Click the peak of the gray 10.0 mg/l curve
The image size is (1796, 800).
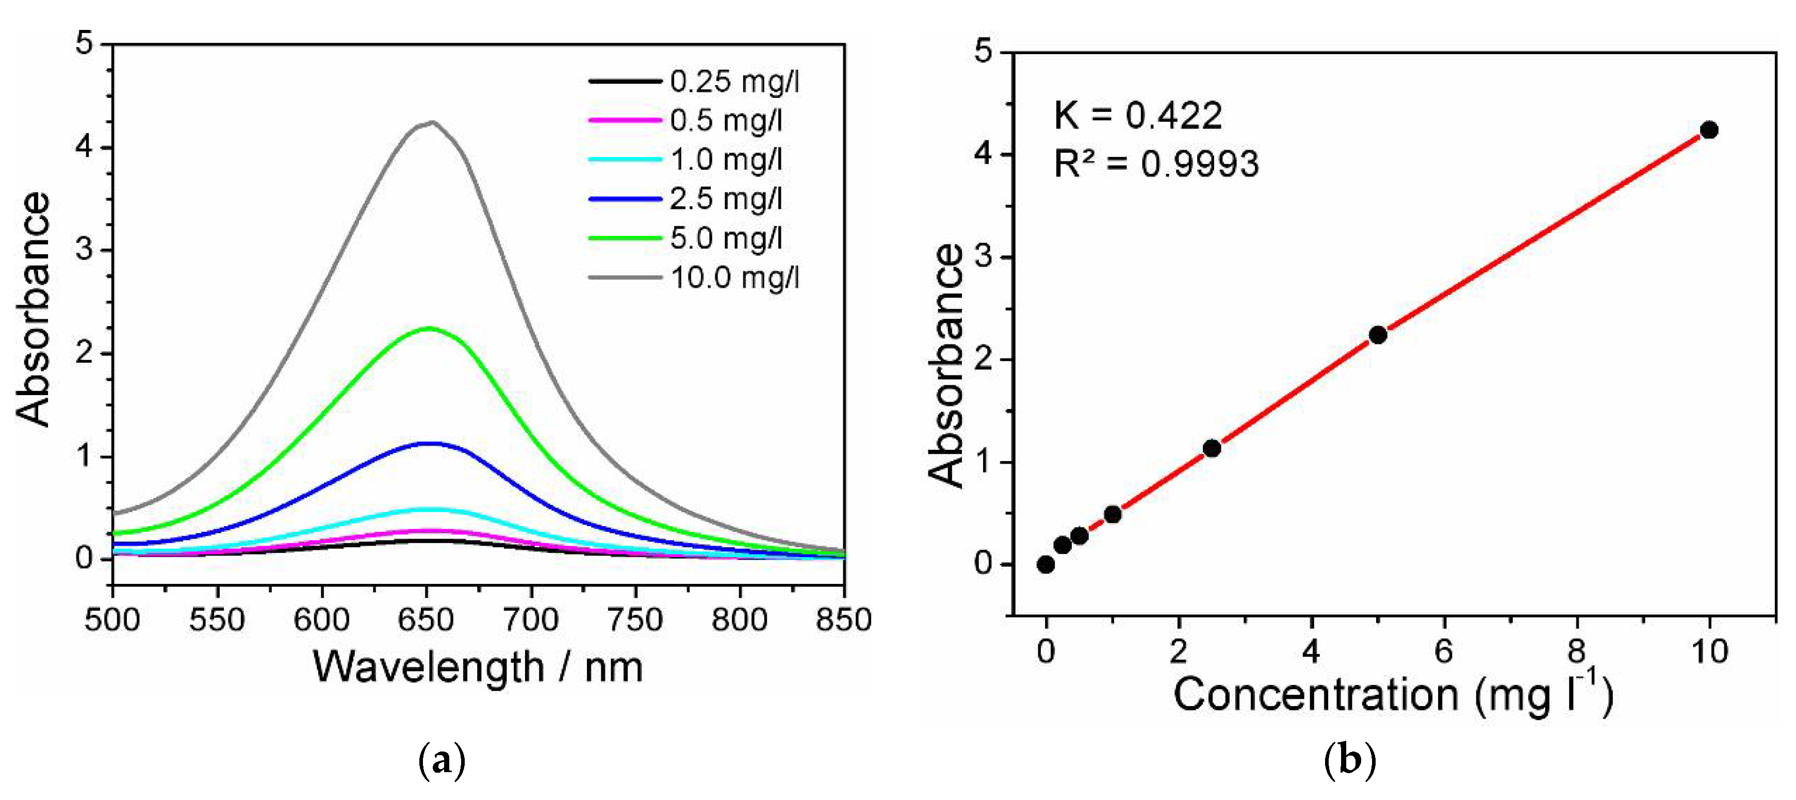tap(432, 123)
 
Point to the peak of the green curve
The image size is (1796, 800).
tap(428, 329)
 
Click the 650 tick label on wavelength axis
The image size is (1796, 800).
tap(426, 619)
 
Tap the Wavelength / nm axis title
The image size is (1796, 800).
tap(478, 667)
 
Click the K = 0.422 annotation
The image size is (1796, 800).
tap(1138, 115)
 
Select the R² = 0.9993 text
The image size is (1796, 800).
tap(1156, 164)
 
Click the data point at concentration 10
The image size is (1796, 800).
tap(1709, 130)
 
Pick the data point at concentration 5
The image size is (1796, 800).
tap(1378, 335)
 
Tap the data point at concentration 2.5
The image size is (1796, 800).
tap(1212, 448)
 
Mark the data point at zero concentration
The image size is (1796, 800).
tap(1046, 564)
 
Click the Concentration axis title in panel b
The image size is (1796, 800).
tap(1393, 695)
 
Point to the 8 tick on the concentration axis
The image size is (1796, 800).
tap(1576, 651)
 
